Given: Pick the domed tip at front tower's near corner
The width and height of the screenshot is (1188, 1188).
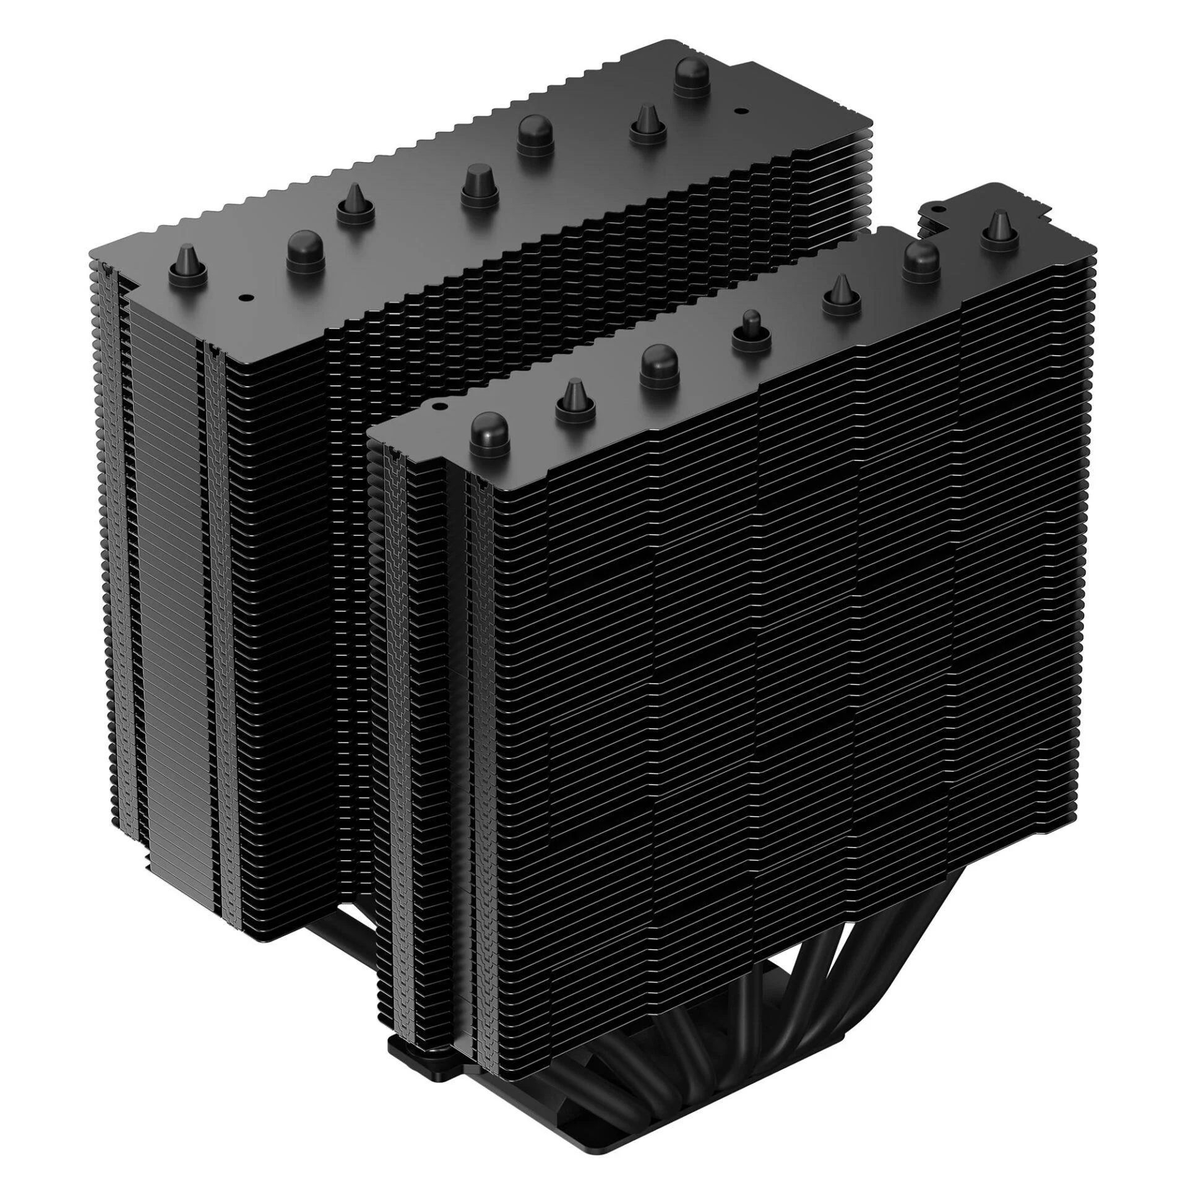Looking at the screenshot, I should [x=489, y=433].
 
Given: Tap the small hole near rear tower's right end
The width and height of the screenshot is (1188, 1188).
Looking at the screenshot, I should [x=737, y=110].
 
